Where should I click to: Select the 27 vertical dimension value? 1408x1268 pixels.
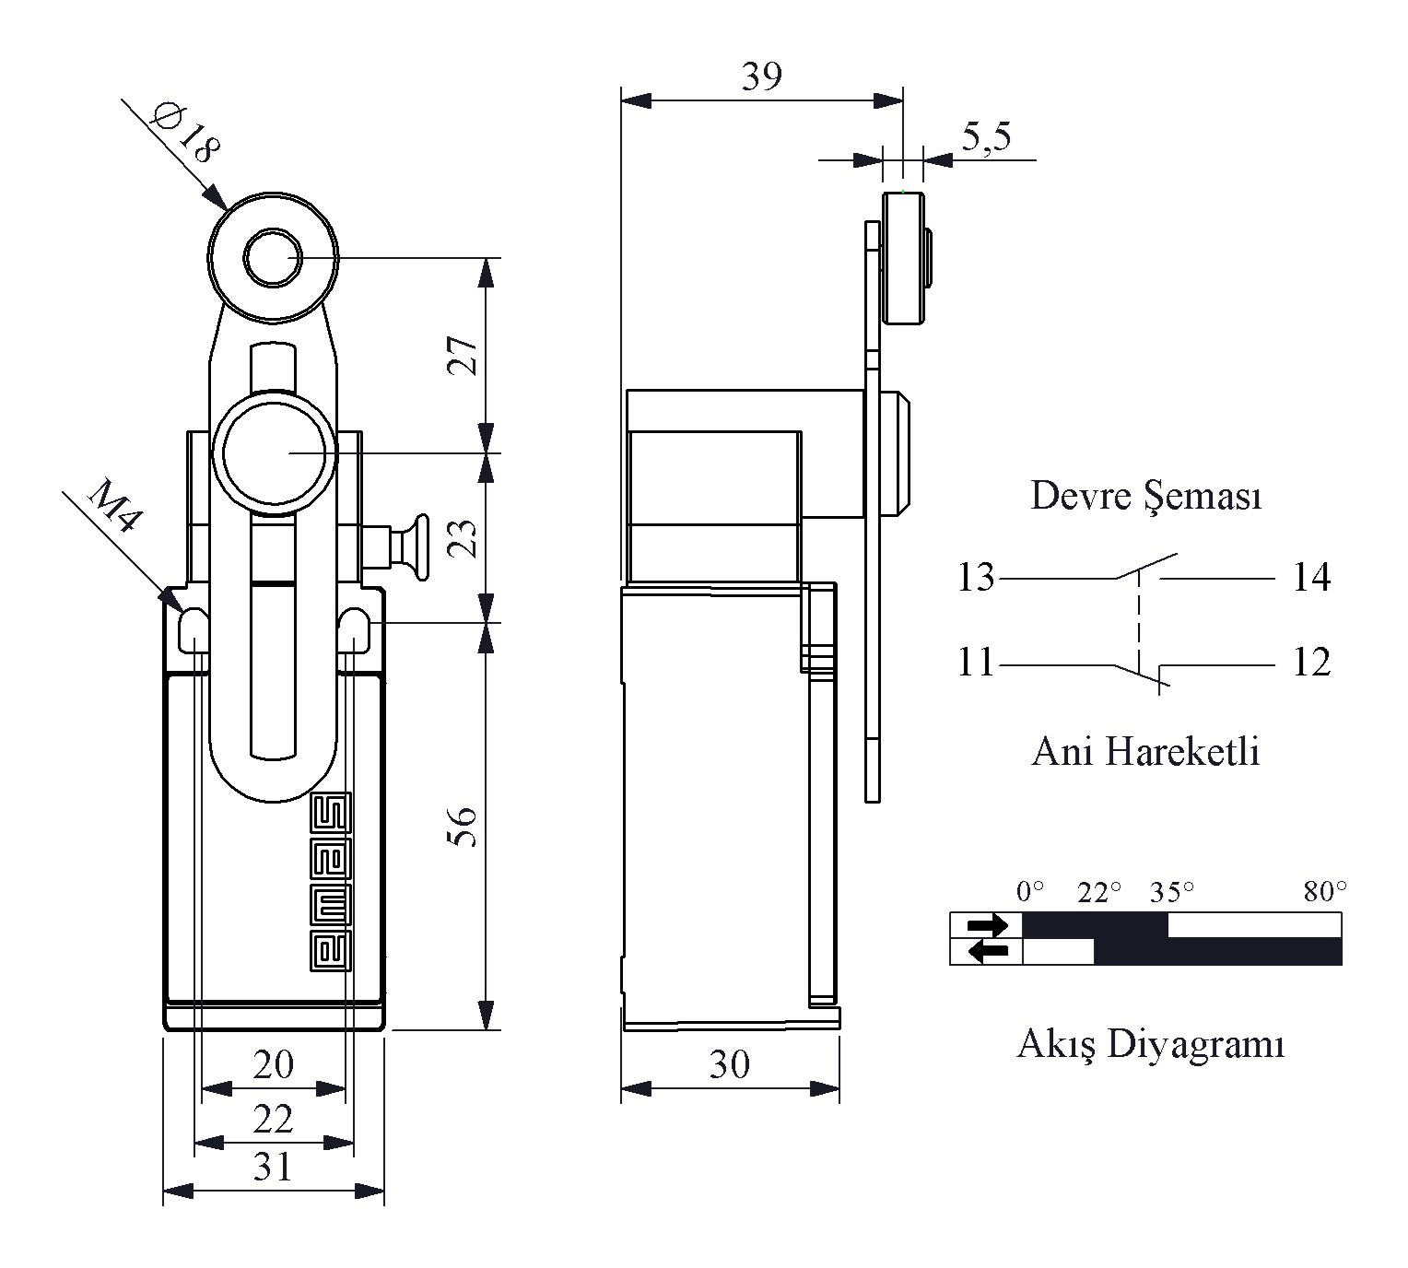pyautogui.click(x=466, y=355)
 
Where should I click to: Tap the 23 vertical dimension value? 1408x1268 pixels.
pyautogui.click(x=466, y=538)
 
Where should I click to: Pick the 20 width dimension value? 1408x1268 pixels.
pyautogui.click(x=273, y=1065)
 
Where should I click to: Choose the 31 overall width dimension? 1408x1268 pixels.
pyautogui.click(x=273, y=1168)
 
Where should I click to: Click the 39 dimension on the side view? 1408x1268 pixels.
pyautogui.click(x=761, y=77)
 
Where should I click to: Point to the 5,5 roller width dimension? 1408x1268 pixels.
pyautogui.click(x=987, y=137)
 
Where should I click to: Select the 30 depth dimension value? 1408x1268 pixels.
pyautogui.click(x=730, y=1065)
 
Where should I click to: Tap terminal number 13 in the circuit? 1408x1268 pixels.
pyautogui.click(x=976, y=579)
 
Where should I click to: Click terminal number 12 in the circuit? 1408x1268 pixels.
pyautogui.click(x=1311, y=663)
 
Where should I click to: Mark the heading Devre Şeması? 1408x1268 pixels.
pyautogui.click(x=1145, y=496)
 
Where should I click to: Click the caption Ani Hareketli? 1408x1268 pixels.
pyautogui.click(x=1145, y=752)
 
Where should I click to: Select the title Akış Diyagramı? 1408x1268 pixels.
pyautogui.click(x=1150, y=1045)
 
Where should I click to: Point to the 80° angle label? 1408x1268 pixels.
pyautogui.click(x=1325, y=892)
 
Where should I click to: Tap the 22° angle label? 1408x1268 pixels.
pyautogui.click(x=1100, y=892)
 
